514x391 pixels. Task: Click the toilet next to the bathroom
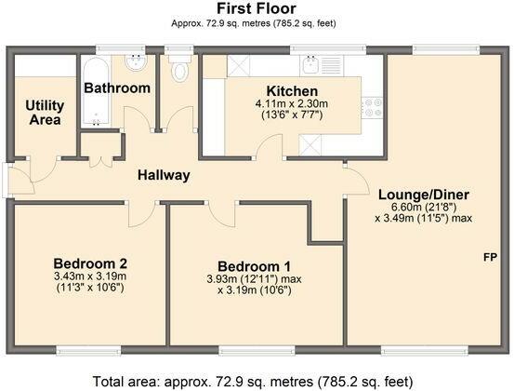pyautogui.click(x=179, y=68)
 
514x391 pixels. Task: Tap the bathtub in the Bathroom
pyautogui.click(x=96, y=91)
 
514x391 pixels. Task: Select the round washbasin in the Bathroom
pyautogui.click(x=136, y=62)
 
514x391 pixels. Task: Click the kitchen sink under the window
pyautogui.click(x=310, y=65)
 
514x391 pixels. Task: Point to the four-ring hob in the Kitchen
pyautogui.click(x=373, y=108)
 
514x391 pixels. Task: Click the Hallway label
pyautogui.click(x=164, y=175)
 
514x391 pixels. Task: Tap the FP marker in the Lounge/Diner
pyautogui.click(x=491, y=257)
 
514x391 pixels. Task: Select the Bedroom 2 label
pyautogui.click(x=90, y=263)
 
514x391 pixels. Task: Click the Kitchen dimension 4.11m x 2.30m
pyautogui.click(x=292, y=104)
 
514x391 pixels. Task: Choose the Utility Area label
pyautogui.click(x=45, y=113)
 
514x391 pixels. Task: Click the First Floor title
pyautogui.click(x=257, y=8)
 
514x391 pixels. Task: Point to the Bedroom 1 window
pyautogui.click(x=257, y=351)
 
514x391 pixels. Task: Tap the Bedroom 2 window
pyautogui.click(x=88, y=351)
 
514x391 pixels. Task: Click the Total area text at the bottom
pyautogui.click(x=253, y=382)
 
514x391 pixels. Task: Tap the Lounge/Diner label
pyautogui.click(x=424, y=195)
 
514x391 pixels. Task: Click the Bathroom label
pyautogui.click(x=117, y=88)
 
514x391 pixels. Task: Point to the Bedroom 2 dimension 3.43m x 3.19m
pyautogui.click(x=90, y=276)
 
